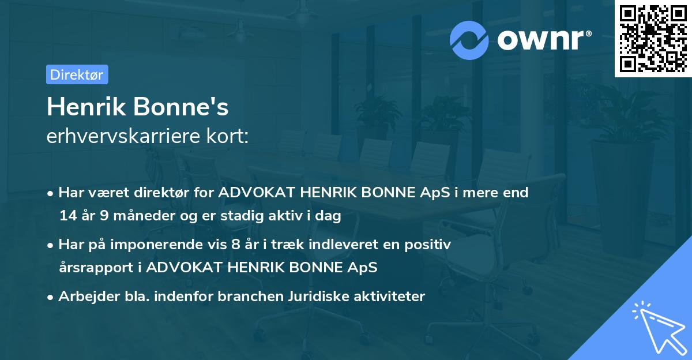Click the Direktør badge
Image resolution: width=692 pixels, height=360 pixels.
[77, 74]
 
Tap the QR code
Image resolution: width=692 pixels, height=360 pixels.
[653, 38]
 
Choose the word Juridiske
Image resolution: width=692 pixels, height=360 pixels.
[314, 297]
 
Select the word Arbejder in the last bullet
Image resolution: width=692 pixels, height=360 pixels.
[84, 297]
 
